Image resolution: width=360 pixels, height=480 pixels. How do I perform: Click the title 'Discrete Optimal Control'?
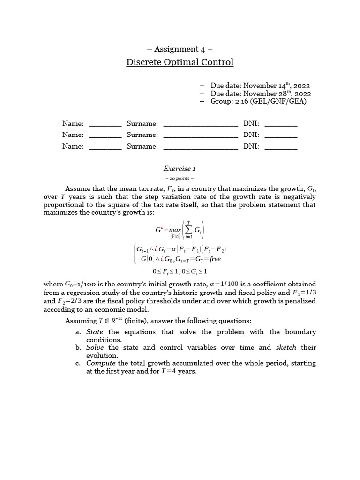click(180, 62)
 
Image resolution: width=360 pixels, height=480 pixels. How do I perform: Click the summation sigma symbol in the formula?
click(188, 230)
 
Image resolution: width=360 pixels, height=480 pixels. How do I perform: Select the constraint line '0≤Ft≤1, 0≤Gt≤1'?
click(180, 271)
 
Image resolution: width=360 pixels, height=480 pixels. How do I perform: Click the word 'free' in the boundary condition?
click(215, 259)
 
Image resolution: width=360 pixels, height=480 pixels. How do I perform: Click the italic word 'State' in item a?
click(95, 332)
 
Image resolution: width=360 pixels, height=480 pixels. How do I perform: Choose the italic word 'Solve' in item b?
click(96, 347)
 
